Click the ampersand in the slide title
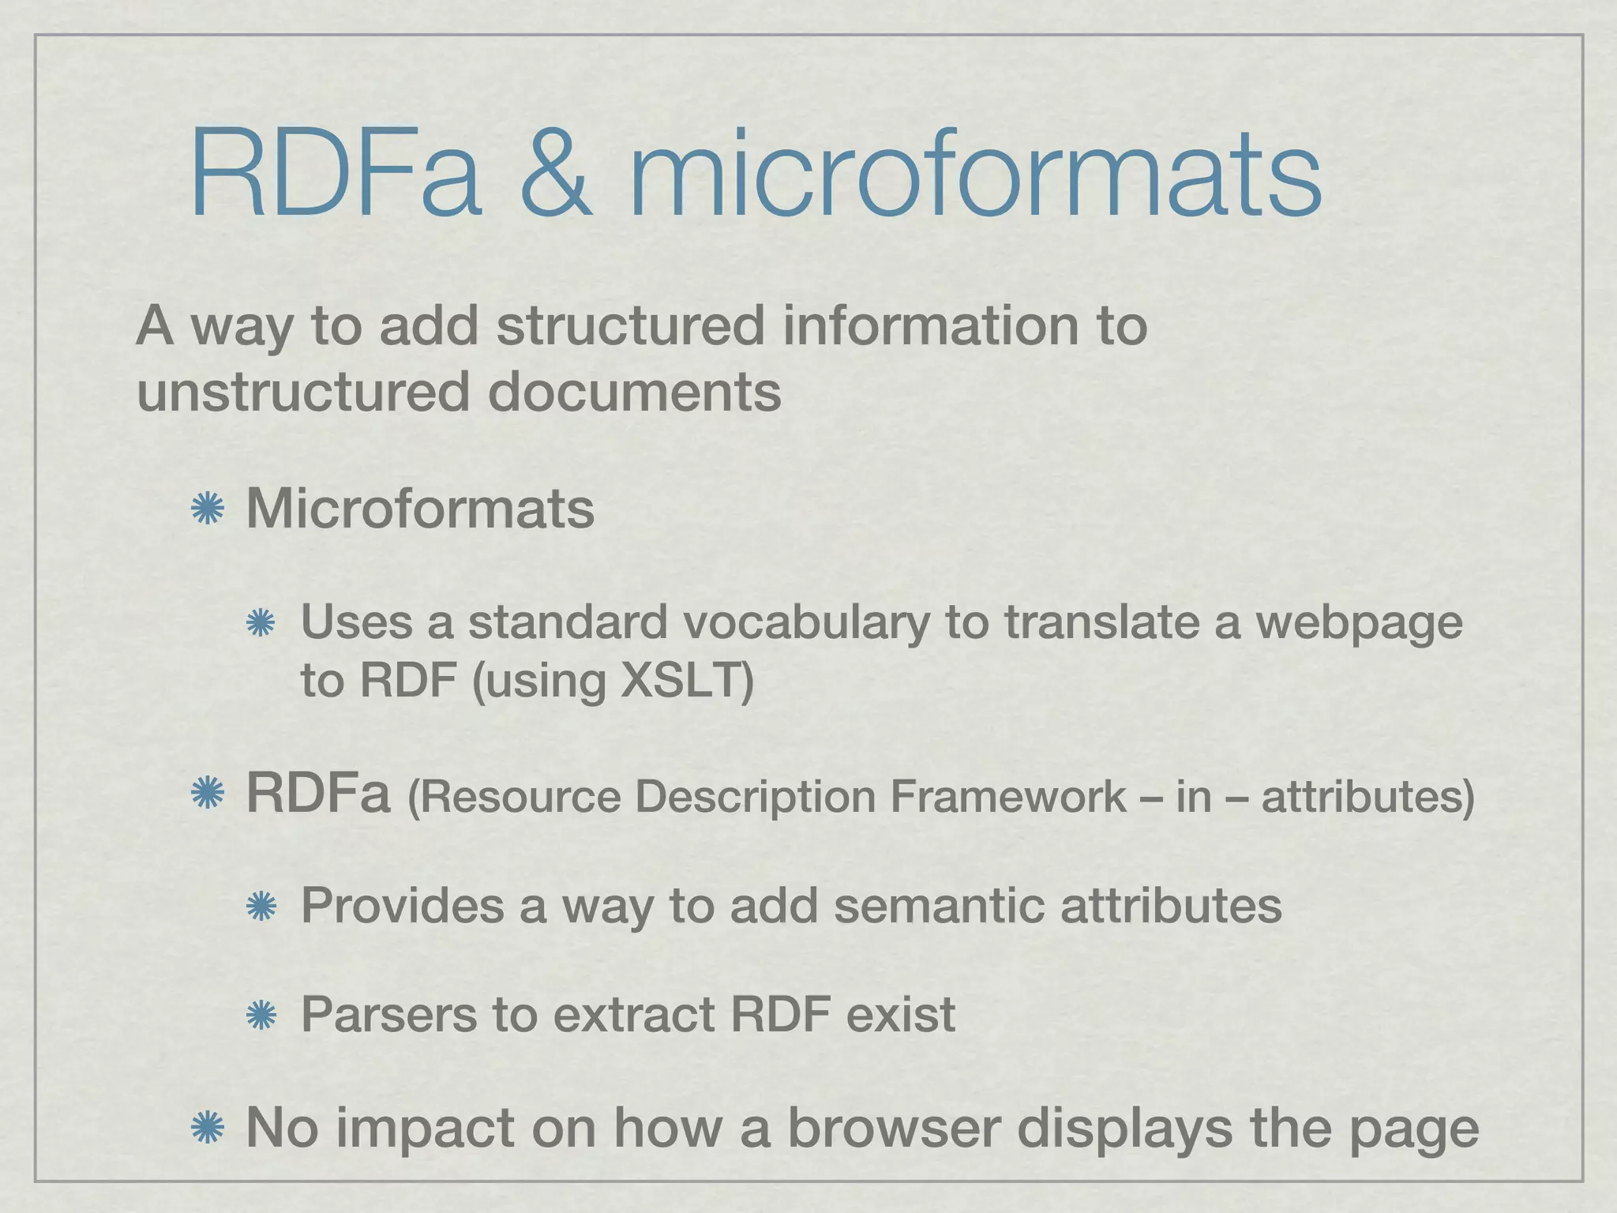click(555, 175)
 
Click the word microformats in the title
click(975, 175)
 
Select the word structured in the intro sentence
click(630, 325)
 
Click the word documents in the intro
click(634, 392)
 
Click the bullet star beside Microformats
click(208, 509)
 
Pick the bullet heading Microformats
click(420, 509)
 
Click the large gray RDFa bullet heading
click(318, 794)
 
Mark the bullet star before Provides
click(260, 907)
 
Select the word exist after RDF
click(900, 1014)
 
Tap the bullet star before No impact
click(208, 1128)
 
